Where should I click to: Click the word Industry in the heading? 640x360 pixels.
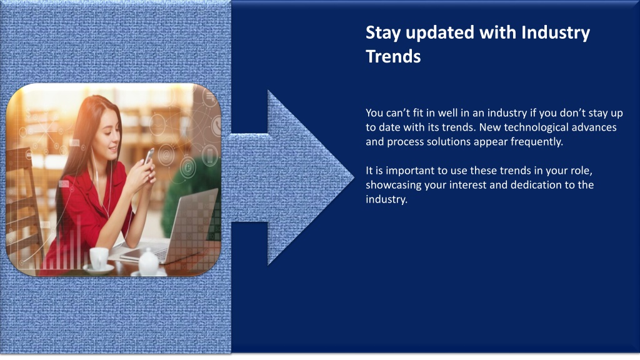(556, 33)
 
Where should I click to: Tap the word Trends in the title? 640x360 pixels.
(393, 56)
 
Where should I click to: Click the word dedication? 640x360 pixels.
(536, 184)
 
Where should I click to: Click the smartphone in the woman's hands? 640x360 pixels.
(149, 156)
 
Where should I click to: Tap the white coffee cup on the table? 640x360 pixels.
(99, 258)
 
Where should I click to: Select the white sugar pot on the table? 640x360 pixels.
(149, 262)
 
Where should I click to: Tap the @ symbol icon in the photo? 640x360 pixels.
(166, 156)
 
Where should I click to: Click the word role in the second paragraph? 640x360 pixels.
(580, 171)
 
